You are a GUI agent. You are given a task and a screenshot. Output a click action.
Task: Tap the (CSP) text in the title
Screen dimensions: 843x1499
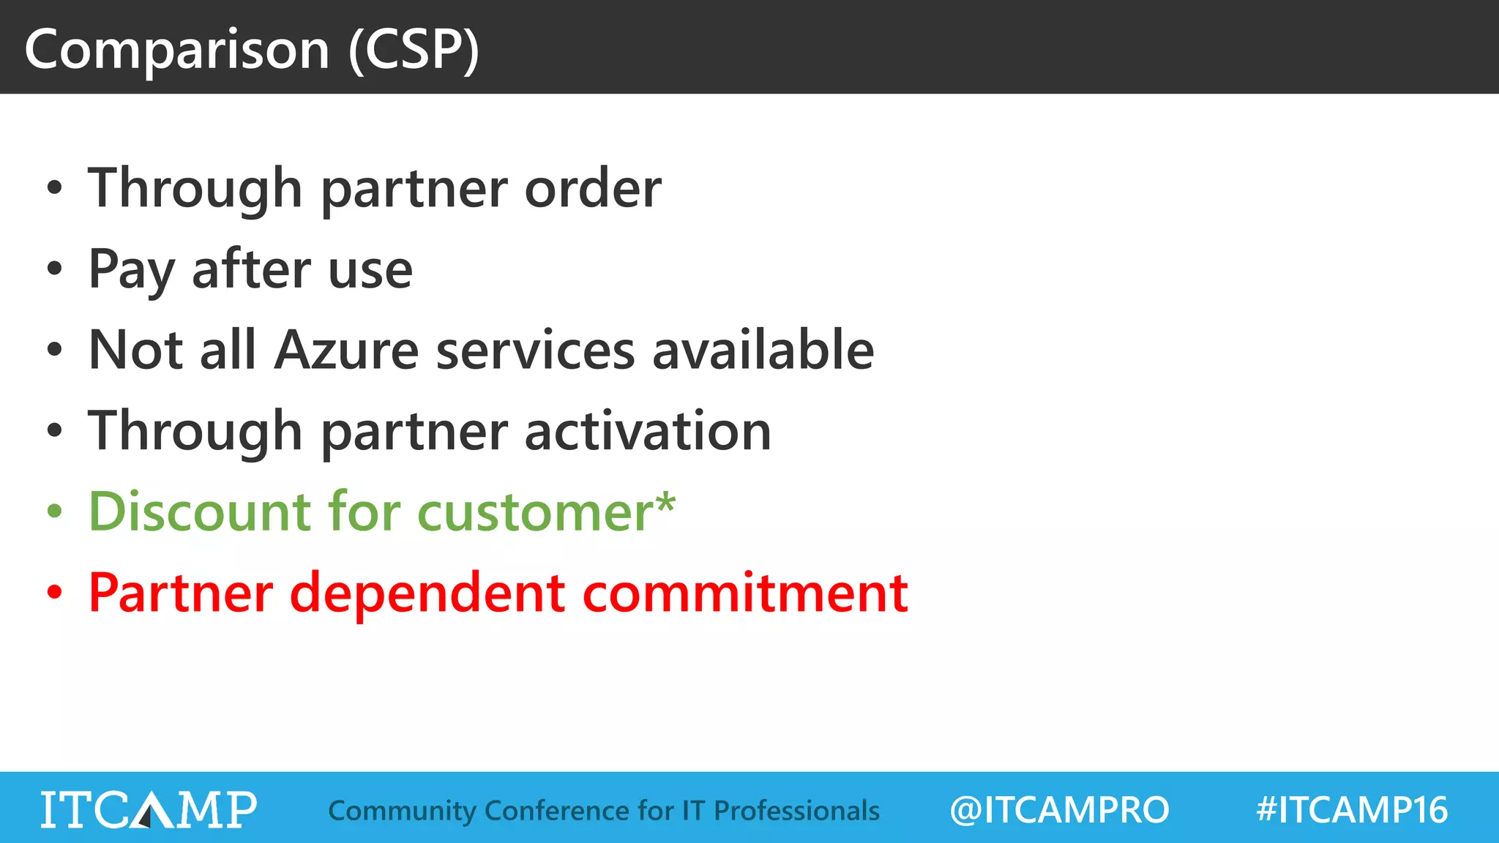click(414, 50)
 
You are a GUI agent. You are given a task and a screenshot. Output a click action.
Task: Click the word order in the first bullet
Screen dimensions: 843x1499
click(593, 189)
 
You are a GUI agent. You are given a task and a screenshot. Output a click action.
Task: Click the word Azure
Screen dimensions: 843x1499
click(346, 351)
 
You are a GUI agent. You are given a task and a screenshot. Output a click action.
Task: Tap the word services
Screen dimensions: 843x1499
click(535, 351)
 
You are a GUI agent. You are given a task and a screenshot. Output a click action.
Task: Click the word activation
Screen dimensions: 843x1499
click(648, 431)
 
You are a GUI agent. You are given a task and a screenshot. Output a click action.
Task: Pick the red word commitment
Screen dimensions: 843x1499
click(744, 593)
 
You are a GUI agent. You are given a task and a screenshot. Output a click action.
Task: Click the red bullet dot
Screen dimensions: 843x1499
click(55, 592)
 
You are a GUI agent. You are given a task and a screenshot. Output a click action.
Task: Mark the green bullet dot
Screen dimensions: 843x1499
click(55, 512)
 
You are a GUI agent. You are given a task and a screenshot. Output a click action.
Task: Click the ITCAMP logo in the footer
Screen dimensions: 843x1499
click(149, 809)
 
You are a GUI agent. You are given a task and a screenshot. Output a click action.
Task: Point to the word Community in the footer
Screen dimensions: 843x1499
click(402, 811)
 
